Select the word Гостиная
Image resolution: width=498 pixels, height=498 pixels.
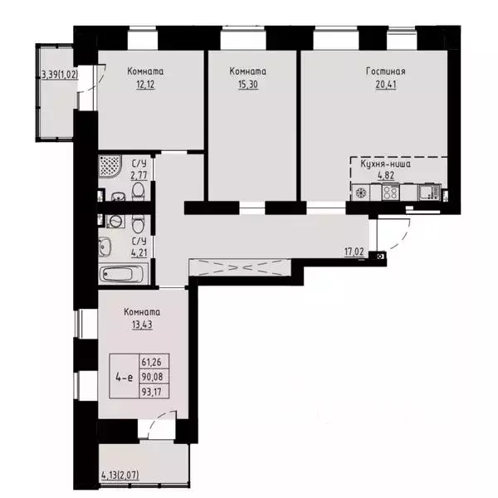385,71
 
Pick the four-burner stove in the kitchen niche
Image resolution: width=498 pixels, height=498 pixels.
389,193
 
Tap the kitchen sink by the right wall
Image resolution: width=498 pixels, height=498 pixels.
427,193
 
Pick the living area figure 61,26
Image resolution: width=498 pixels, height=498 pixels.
152,363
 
